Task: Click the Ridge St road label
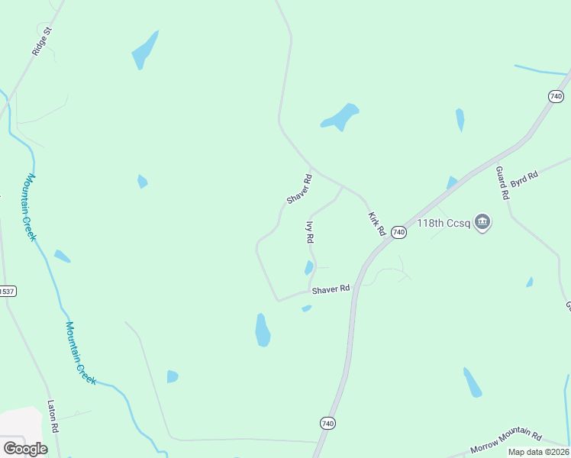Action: pyautogui.click(x=41, y=42)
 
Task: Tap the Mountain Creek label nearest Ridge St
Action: pyautogui.click(x=31, y=207)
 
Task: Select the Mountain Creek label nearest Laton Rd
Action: pyautogui.click(x=80, y=353)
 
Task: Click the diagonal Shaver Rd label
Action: pyautogui.click(x=299, y=189)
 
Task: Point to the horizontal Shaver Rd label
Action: pyautogui.click(x=331, y=289)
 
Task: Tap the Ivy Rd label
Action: pyautogui.click(x=310, y=232)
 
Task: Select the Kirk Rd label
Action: pyautogui.click(x=376, y=224)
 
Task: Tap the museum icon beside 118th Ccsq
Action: pyautogui.click(x=482, y=223)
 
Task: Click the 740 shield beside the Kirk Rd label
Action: pyautogui.click(x=398, y=232)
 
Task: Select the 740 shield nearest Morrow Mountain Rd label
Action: pyautogui.click(x=327, y=423)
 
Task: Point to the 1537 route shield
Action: pyautogui.click(x=7, y=291)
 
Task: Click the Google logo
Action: pyautogui.click(x=25, y=449)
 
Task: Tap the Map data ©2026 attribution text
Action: pyautogui.click(x=538, y=452)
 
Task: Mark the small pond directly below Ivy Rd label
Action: pyautogui.click(x=309, y=268)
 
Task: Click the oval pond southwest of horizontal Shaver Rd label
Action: pyautogui.click(x=263, y=331)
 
